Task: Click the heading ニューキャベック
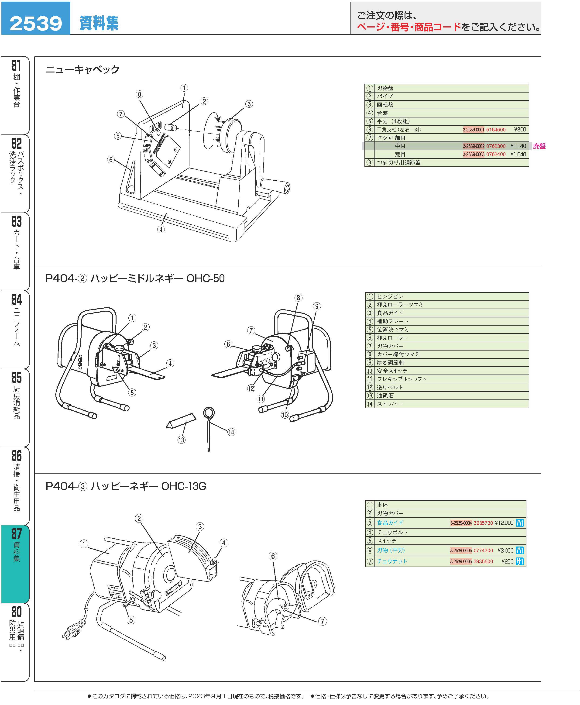82,69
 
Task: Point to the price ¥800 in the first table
520,130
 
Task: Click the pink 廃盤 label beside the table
539,146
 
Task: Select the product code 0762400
496,154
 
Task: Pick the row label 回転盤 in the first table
385,105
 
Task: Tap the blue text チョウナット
392,561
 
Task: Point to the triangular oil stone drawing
181,421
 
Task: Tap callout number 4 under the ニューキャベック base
161,229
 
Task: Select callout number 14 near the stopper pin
231,432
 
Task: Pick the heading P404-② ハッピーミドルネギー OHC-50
135,278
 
